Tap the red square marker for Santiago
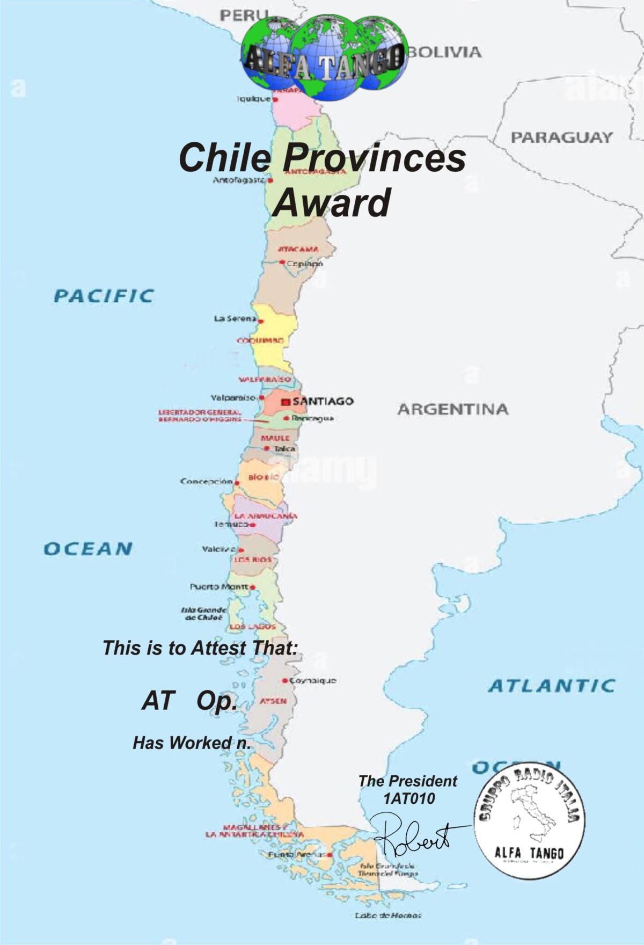[x=286, y=402]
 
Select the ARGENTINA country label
[x=453, y=409]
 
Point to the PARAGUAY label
[x=561, y=137]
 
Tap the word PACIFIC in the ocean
[x=104, y=296]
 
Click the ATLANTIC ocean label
[x=552, y=686]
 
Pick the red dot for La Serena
[x=261, y=322]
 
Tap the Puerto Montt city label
[x=219, y=586]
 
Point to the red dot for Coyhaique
[x=285, y=681]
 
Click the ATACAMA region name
[x=298, y=249]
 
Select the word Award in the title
[x=332, y=202]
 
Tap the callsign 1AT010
[x=409, y=798]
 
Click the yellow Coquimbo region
[x=274, y=344]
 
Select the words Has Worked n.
[x=192, y=743]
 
